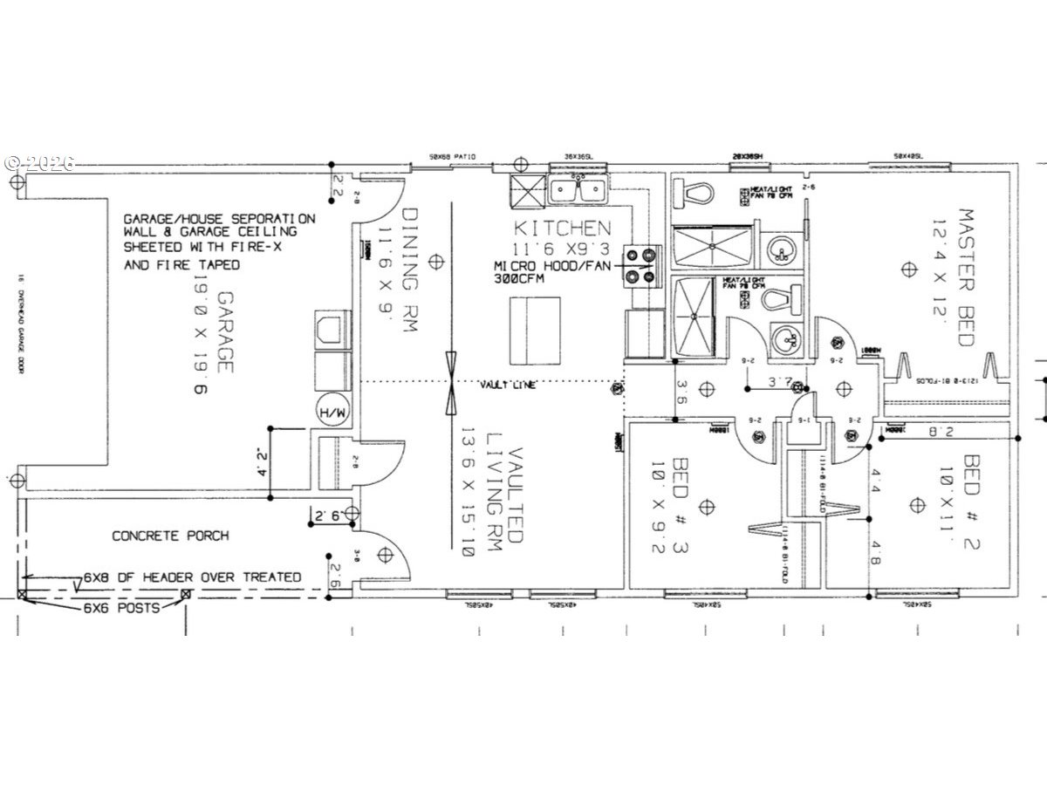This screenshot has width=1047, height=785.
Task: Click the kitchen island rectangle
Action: click(x=535, y=332)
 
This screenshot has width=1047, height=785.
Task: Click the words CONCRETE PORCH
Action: click(x=170, y=536)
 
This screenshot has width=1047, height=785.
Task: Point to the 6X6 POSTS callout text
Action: click(x=122, y=608)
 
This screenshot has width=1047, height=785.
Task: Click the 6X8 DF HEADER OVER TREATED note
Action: click(x=192, y=577)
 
